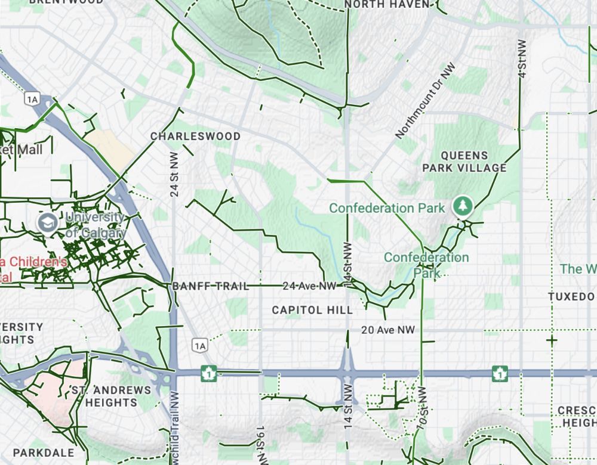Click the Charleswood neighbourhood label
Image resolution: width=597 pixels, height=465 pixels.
coord(195,137)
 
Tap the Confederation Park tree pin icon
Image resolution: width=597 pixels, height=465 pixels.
coord(463,206)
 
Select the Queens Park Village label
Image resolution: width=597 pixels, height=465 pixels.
coord(464,162)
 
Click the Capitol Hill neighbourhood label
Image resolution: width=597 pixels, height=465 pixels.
coord(312,310)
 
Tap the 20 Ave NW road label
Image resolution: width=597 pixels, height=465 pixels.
coord(388,330)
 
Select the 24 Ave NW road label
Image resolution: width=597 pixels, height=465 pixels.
coord(310,286)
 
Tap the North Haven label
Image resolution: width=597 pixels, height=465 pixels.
coord(387,5)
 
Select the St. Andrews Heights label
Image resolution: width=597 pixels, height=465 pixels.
coord(111,396)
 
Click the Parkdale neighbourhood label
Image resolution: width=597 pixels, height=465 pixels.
coord(44,453)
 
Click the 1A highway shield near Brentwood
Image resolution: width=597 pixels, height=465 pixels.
coord(32,99)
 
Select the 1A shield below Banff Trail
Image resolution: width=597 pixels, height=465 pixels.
coord(199,345)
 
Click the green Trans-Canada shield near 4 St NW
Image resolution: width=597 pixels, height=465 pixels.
coord(500,373)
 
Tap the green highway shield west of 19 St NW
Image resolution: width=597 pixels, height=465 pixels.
coord(208,373)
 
